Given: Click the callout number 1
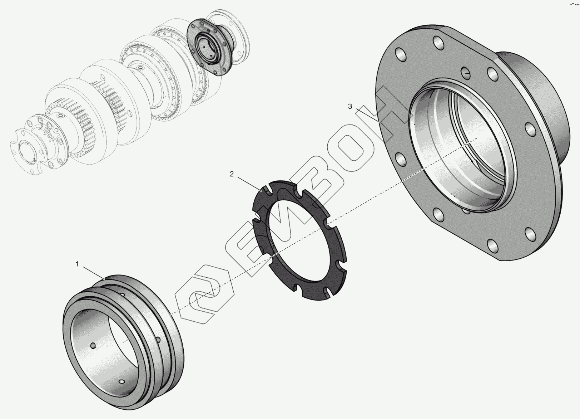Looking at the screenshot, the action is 77,264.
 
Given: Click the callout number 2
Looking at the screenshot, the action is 232,174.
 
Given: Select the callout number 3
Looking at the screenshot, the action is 350,106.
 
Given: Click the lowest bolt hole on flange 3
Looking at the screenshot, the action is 492,246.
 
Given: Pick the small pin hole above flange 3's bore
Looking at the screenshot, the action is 465,73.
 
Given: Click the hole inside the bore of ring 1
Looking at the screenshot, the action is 93,346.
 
